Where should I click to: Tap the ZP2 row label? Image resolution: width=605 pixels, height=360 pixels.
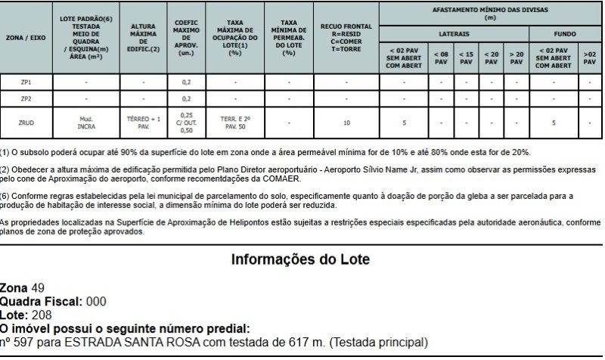(26, 98)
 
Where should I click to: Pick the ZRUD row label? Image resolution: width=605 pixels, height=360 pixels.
(26, 122)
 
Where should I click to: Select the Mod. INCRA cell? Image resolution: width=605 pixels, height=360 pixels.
(85, 122)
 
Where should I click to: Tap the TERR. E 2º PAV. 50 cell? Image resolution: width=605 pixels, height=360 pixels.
(235, 122)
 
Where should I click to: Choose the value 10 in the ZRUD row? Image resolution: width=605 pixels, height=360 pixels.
(346, 122)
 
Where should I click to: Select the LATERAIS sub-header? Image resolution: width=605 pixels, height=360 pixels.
(454, 34)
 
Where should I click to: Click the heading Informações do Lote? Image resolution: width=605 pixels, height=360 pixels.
(300, 260)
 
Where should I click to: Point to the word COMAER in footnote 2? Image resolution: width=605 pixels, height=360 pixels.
(283, 179)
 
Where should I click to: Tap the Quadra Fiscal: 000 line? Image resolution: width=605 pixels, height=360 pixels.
(53, 302)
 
